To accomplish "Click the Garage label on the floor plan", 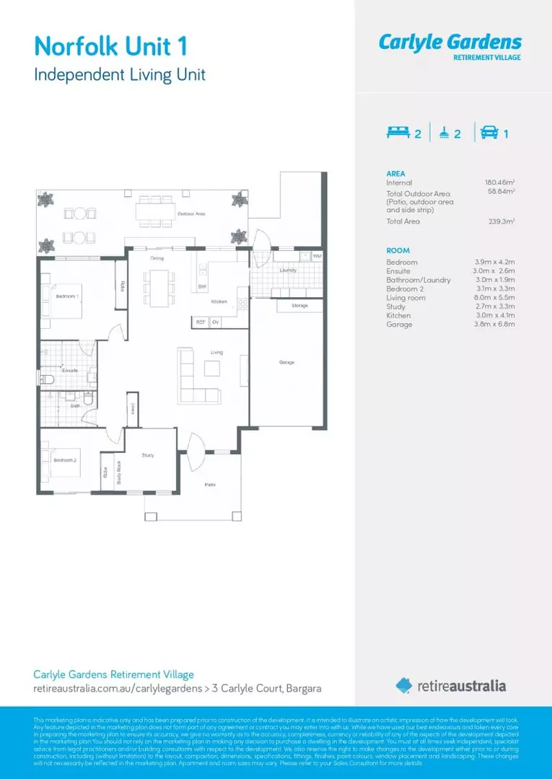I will click(286, 362).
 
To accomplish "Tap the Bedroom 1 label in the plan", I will click(67, 296).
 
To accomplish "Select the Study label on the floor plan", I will click(147, 455).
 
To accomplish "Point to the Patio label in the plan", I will click(210, 485).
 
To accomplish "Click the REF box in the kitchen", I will click(201, 322).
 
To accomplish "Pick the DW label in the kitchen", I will click(202, 287).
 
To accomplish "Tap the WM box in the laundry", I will click(317, 256).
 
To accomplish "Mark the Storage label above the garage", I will click(299, 306).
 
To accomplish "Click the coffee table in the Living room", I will click(211, 369).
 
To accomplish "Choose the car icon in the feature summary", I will click(487, 133).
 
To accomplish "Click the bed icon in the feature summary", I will click(398, 133).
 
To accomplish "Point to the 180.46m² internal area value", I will click(499, 183).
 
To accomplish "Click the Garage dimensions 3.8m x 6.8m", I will click(494, 325).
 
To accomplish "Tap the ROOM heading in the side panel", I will click(398, 250).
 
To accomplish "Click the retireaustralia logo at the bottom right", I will click(450, 685).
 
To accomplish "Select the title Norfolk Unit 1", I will click(112, 48).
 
